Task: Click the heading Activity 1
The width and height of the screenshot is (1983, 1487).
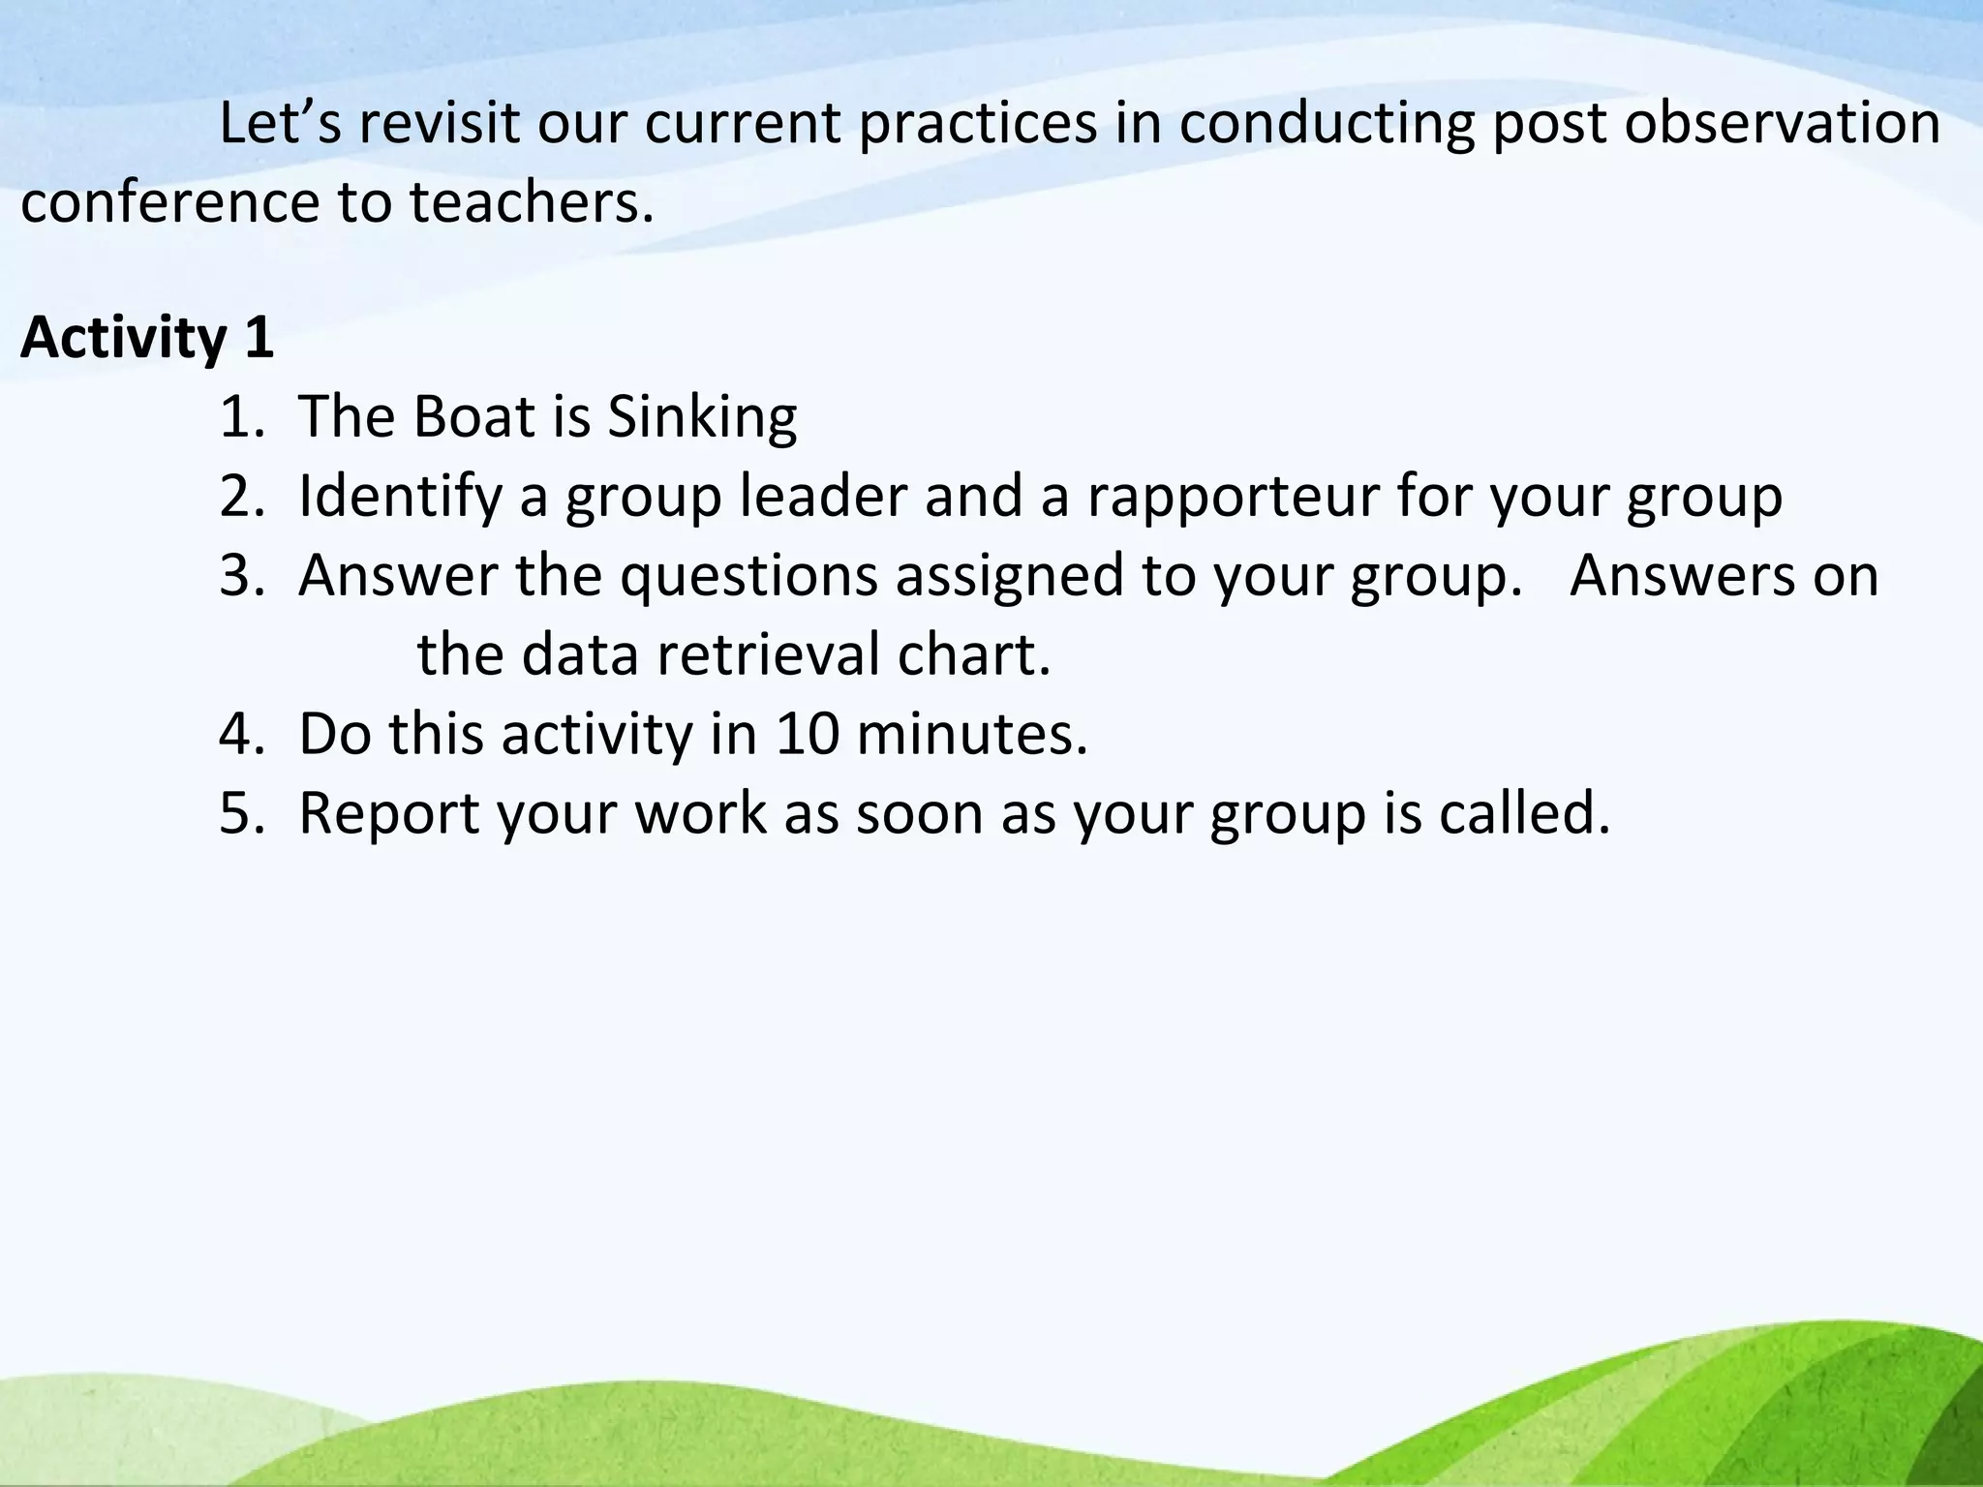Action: click(147, 338)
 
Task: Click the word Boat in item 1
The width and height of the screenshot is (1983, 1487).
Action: click(474, 416)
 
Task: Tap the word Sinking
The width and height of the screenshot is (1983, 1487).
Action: click(702, 418)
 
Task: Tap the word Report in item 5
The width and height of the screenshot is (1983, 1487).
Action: click(388, 815)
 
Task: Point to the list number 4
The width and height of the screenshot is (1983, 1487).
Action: click(237, 734)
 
